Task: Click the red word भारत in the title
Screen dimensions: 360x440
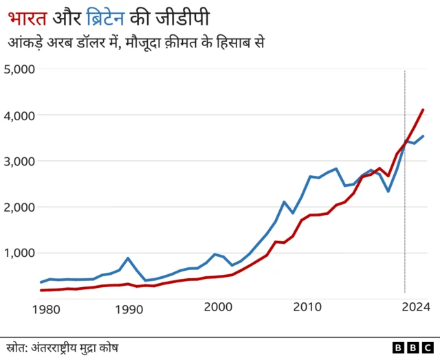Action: click(x=27, y=16)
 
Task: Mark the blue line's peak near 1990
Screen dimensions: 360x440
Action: click(x=128, y=258)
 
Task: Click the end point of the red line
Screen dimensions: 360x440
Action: click(x=423, y=110)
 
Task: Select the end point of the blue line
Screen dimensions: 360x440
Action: click(x=423, y=136)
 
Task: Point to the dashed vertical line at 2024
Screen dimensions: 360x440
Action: click(x=405, y=206)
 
